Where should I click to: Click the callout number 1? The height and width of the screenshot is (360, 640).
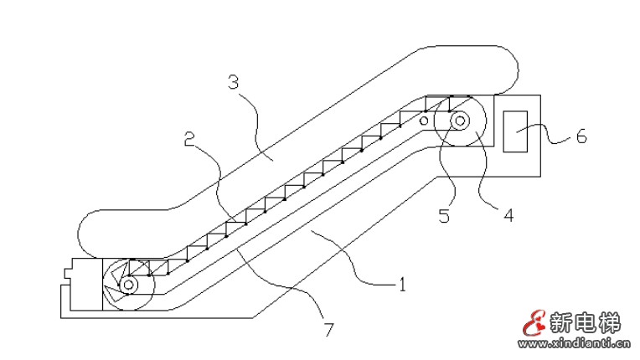[401, 285]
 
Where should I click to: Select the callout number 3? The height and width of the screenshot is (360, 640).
[234, 82]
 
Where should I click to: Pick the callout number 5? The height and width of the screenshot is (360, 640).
[444, 216]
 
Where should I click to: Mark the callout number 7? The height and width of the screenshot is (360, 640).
[328, 329]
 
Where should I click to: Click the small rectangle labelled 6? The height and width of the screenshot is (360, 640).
[517, 131]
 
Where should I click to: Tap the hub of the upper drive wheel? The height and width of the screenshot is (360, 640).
[461, 121]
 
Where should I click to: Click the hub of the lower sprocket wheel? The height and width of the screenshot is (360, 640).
[128, 285]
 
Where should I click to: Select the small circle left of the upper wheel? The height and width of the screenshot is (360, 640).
[425, 122]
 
